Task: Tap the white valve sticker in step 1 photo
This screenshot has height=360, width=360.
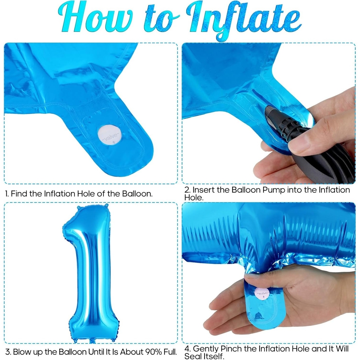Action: click(110, 135)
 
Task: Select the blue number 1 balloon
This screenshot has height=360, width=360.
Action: click(87, 276)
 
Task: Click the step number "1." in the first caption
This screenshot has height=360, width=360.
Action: click(7, 194)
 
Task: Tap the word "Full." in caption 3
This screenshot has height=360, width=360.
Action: click(170, 352)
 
